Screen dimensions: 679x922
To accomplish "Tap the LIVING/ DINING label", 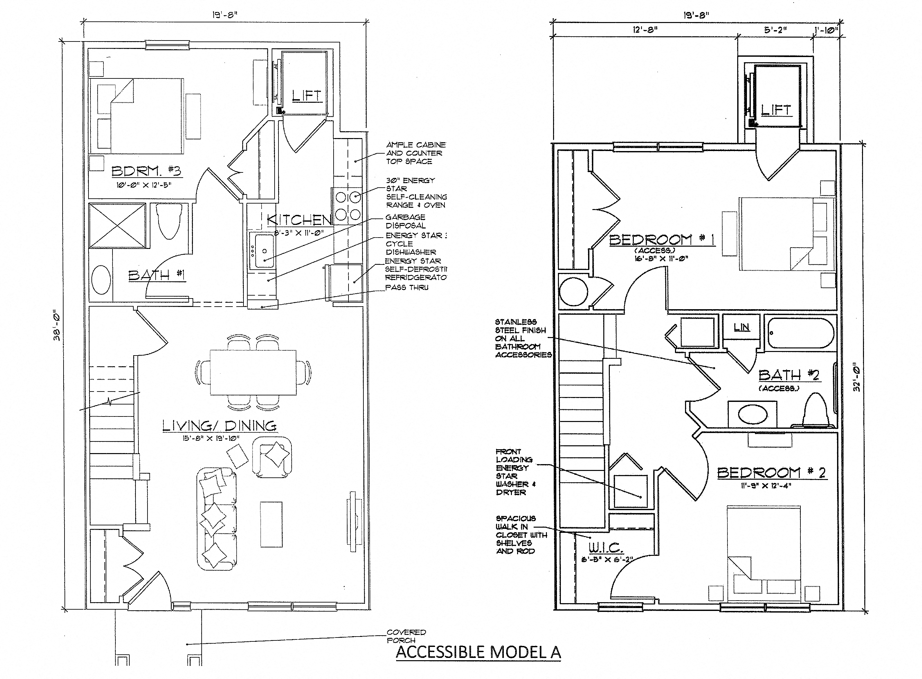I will (x=219, y=426).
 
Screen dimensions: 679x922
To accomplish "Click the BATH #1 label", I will (x=157, y=275).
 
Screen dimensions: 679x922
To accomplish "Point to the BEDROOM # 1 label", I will (x=661, y=240).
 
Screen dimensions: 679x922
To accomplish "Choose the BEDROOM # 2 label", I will (x=771, y=473).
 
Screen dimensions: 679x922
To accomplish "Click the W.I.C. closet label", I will (x=606, y=548).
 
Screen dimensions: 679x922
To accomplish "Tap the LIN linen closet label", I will (x=741, y=327).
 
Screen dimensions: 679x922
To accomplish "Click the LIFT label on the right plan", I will (x=776, y=110).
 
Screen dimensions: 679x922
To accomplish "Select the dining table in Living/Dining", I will (x=253, y=372).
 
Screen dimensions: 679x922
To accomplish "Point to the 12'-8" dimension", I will (x=644, y=29).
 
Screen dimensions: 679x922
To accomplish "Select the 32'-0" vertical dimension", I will (x=856, y=376).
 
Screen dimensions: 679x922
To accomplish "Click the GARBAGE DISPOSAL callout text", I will (x=405, y=221).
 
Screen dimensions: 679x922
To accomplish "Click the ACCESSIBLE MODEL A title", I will (x=478, y=652).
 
